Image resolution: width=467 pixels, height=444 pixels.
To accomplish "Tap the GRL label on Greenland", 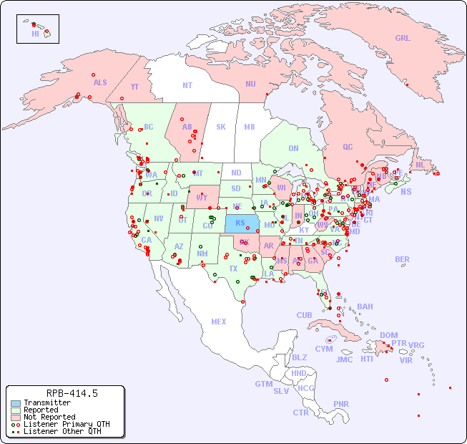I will coord(403,39).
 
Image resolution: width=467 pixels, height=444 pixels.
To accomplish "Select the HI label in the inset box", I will coord(35,33).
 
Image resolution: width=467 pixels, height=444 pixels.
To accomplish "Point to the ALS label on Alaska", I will coord(100,82).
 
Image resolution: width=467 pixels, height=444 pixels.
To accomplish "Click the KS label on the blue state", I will coord(240,223).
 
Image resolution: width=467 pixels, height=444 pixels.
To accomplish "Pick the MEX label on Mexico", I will coord(219,322).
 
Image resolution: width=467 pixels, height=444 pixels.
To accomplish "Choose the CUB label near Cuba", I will coord(305,315).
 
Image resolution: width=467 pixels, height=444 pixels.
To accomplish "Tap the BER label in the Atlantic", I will coord(403,259).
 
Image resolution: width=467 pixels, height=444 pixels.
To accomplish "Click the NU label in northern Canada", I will coord(250,84).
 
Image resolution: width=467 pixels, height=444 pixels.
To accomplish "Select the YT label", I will coord(134,87).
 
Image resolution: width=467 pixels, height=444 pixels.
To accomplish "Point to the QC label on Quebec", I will coord(348,147).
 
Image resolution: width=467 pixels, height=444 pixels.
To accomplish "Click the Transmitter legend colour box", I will coord(15,402).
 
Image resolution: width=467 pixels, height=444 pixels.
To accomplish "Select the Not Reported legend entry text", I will coord(49,417).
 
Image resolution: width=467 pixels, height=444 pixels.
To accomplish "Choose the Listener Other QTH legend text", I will coord(62,431).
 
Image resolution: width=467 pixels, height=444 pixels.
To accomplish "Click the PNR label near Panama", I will coord(341,404).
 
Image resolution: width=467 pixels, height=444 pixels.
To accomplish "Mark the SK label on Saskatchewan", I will coord(221,127).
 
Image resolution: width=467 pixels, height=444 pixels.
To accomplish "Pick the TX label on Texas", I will coord(233,269).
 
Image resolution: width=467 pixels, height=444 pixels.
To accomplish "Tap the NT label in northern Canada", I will coord(187,85).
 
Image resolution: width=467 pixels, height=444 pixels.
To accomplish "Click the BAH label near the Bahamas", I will coord(365,307).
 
